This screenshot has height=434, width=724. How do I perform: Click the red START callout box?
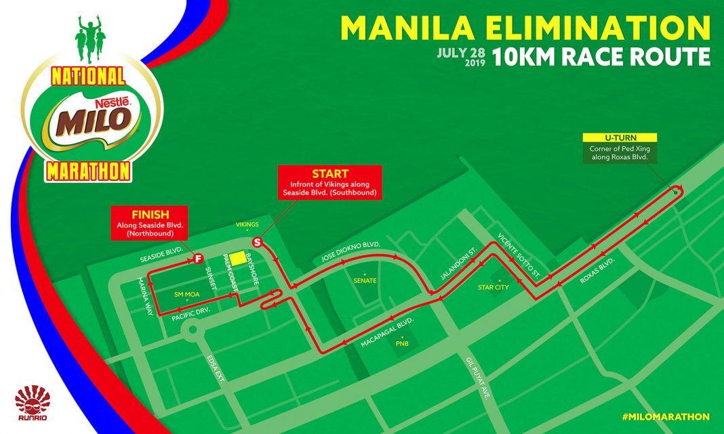[x=331, y=183]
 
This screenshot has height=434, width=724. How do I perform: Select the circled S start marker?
[x=257, y=242]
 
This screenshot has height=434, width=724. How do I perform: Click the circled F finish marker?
[x=199, y=258]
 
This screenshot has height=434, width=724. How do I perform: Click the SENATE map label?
[x=365, y=280]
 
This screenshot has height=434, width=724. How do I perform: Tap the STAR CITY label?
[x=494, y=287]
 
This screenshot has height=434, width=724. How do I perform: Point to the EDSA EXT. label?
[x=216, y=370]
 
